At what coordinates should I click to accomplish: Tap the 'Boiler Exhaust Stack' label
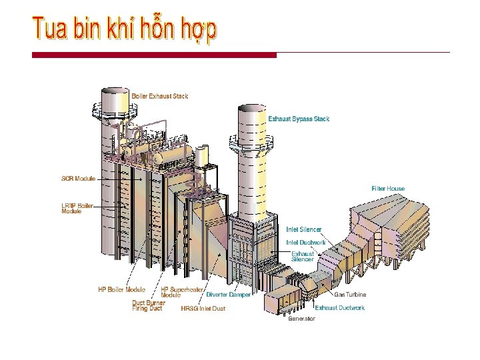tap(160, 96)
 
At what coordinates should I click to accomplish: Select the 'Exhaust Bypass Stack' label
tap(299, 119)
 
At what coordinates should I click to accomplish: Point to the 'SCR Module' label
tap(79, 179)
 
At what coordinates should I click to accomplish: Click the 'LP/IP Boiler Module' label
tap(77, 208)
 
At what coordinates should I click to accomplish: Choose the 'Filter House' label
tap(388, 189)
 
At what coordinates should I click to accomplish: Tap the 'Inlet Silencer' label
tap(304, 229)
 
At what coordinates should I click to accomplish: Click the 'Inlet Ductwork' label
tap(306, 242)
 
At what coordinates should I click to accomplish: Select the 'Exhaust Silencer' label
tap(303, 257)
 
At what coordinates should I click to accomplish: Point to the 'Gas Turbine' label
tap(349, 294)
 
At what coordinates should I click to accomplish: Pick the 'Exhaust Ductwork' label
tap(340, 308)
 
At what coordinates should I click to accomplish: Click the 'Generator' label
tap(301, 319)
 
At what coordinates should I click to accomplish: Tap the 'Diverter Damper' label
tap(229, 294)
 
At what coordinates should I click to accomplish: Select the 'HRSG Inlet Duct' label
tap(203, 309)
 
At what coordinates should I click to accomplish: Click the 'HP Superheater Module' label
tap(182, 292)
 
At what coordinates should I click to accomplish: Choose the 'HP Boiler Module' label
tap(121, 289)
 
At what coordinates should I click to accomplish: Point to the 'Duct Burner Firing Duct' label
tap(147, 305)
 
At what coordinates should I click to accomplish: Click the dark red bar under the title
tap(154, 55)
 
